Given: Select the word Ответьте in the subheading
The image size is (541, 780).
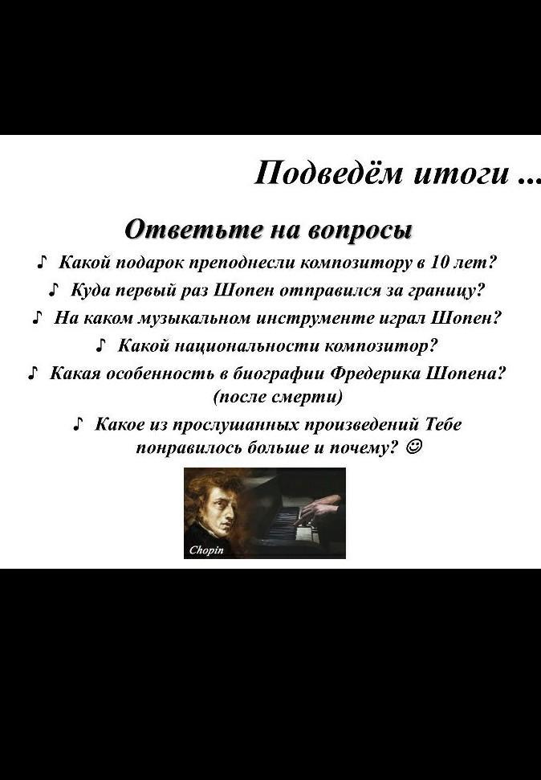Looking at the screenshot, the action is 193,230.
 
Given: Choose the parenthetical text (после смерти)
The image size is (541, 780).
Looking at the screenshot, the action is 278,398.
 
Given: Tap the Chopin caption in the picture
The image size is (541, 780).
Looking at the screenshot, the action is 206,550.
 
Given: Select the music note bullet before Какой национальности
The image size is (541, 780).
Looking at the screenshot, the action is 101,345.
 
